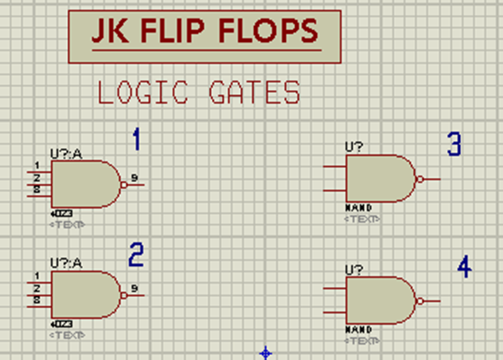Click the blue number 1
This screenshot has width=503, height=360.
click(x=136, y=139)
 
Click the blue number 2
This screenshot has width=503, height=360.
click(x=136, y=254)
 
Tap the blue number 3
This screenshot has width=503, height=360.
click(x=454, y=144)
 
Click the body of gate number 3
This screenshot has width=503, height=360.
click(x=377, y=178)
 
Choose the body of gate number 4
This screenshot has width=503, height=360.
click(x=377, y=300)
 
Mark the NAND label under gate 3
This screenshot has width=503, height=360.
click(x=358, y=206)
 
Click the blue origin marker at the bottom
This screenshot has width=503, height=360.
click(x=266, y=352)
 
